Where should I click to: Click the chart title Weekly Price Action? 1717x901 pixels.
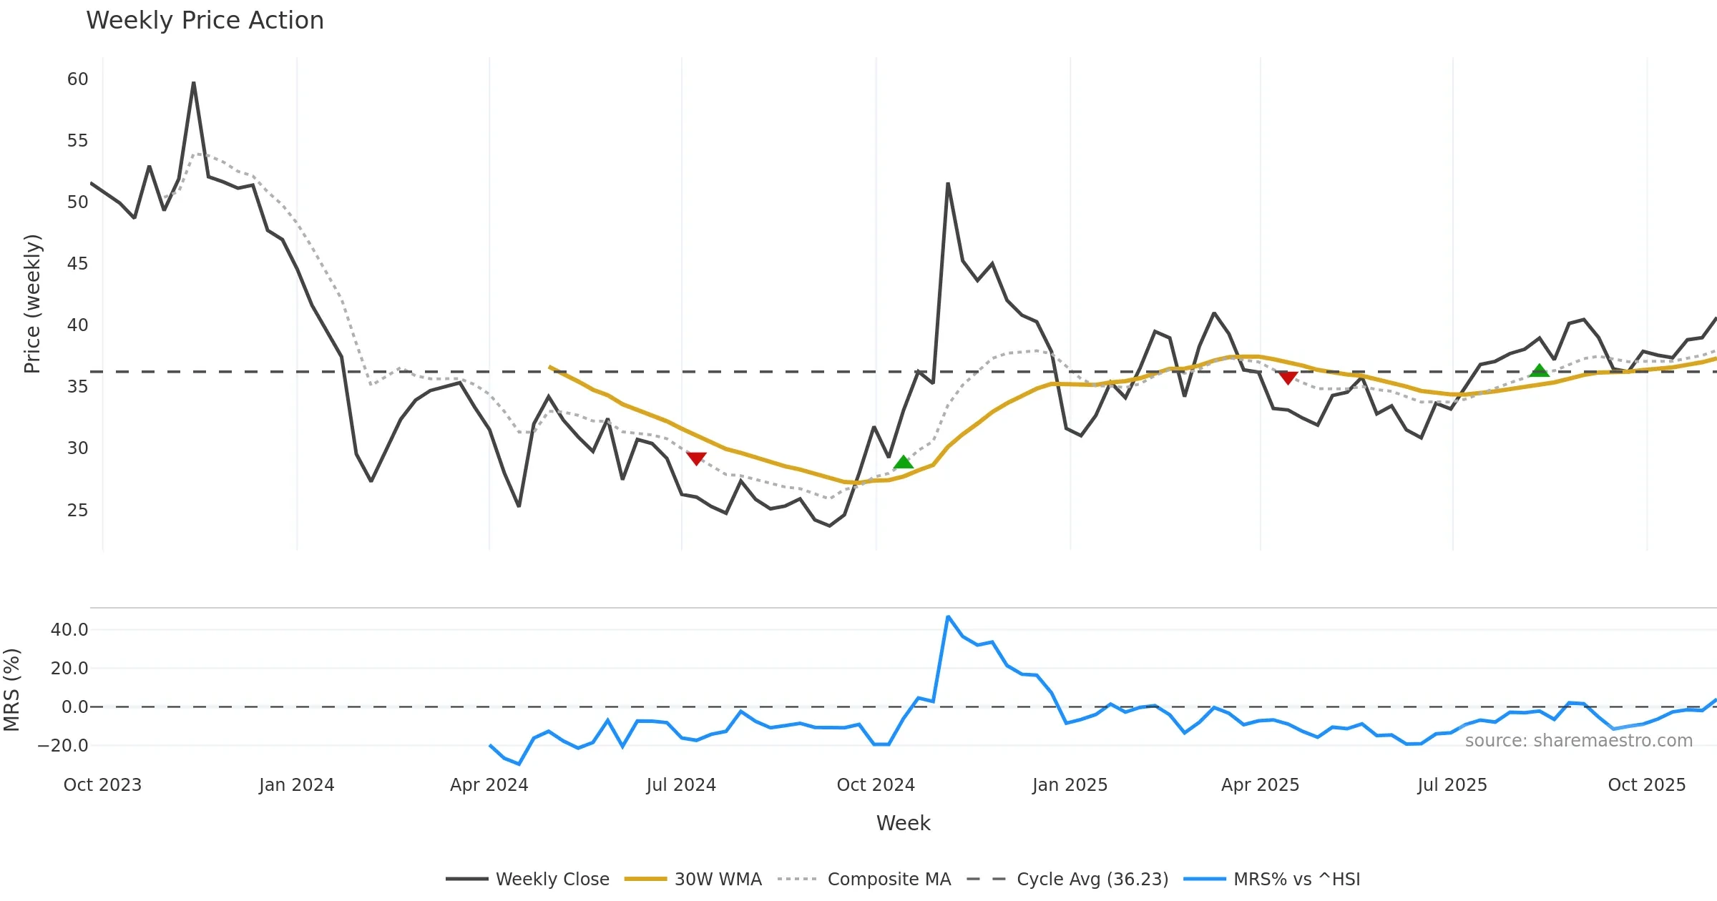pyautogui.click(x=205, y=21)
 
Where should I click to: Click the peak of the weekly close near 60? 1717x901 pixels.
pyautogui.click(x=193, y=84)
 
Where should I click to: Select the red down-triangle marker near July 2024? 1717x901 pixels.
pyautogui.click(x=696, y=458)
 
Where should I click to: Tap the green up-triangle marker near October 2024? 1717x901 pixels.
pyautogui.click(x=903, y=463)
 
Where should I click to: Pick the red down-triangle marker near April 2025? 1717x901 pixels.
pyautogui.click(x=1288, y=378)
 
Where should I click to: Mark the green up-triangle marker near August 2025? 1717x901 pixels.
pyautogui.click(x=1539, y=370)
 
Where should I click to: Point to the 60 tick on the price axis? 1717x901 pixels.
pyautogui.click(x=78, y=79)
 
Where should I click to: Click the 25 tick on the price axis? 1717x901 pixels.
pyautogui.click(x=78, y=511)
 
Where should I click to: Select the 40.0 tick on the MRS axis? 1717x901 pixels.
pyautogui.click(x=69, y=630)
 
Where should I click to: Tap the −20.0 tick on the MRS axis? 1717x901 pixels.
pyautogui.click(x=64, y=746)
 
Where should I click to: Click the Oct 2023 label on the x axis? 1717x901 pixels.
pyautogui.click(x=102, y=785)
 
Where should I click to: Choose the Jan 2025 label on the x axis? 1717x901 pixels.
pyautogui.click(x=1070, y=785)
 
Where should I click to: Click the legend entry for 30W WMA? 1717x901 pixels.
pyautogui.click(x=718, y=879)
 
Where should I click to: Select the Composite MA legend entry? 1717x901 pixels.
pyautogui.click(x=889, y=879)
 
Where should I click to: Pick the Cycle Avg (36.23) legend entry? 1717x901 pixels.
pyautogui.click(x=1092, y=879)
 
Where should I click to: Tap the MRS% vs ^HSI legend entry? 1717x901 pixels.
pyautogui.click(x=1296, y=879)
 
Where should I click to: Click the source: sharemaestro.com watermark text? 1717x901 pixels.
pyautogui.click(x=1578, y=741)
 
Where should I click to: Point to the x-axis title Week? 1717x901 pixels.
pyautogui.click(x=903, y=824)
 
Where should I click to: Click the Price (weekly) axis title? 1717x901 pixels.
pyautogui.click(x=33, y=304)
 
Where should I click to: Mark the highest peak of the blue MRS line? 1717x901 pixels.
pyautogui.click(x=948, y=616)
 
